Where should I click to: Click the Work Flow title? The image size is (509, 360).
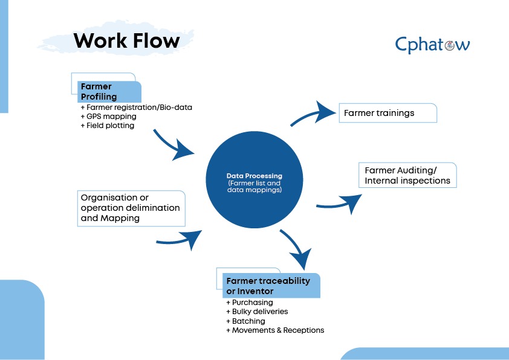[126, 40]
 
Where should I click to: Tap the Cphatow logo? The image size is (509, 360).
[432, 45]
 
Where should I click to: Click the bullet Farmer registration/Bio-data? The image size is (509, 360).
[135, 108]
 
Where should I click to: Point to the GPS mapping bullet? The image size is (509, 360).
[108, 117]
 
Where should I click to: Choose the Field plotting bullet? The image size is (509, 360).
[107, 126]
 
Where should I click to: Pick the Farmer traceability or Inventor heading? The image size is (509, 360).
[270, 286]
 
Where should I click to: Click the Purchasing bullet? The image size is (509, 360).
[250, 302]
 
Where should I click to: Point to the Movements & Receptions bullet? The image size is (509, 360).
[275, 330]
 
